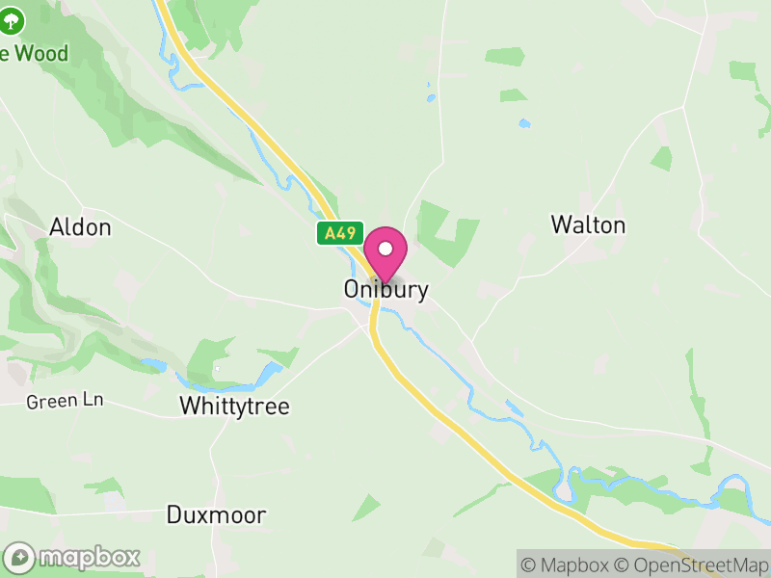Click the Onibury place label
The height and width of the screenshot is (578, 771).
click(385, 289)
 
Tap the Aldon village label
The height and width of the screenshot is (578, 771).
click(81, 227)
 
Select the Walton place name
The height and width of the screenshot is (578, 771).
click(588, 224)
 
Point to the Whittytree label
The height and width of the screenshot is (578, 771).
click(234, 407)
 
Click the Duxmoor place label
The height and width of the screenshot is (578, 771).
click(216, 514)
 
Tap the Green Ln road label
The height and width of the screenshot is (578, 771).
click(65, 400)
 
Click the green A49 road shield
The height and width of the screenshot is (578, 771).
click(339, 233)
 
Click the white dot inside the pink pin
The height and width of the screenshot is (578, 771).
click(385, 250)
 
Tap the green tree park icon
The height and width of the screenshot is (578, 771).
click(13, 23)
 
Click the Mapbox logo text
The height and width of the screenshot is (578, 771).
click(89, 557)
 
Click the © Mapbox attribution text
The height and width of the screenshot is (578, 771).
click(571, 565)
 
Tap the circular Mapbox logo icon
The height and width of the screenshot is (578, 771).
click(20, 557)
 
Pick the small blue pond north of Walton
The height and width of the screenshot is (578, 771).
click(523, 123)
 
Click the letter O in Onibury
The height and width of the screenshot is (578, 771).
click(353, 289)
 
